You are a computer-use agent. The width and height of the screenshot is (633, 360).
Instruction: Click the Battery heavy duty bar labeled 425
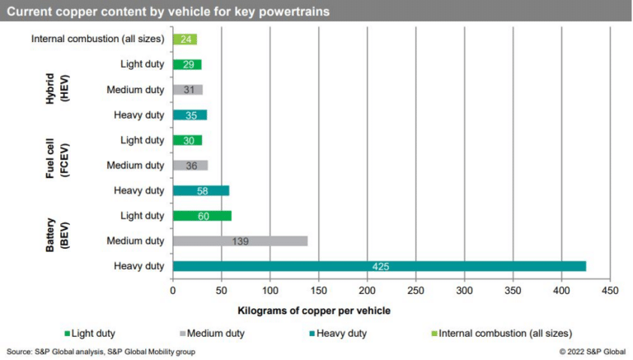379,266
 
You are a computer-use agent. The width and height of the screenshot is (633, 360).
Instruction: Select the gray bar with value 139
240,241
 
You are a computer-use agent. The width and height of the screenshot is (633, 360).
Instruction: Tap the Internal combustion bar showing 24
185,39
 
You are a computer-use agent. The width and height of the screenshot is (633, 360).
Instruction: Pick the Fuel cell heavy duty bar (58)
201,190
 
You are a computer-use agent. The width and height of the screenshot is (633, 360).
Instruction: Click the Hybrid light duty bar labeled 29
187,64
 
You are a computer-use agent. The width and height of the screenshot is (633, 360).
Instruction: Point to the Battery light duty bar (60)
202,216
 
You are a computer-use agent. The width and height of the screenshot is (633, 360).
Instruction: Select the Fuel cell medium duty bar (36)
190,166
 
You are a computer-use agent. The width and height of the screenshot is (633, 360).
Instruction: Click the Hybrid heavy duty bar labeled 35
190,115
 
